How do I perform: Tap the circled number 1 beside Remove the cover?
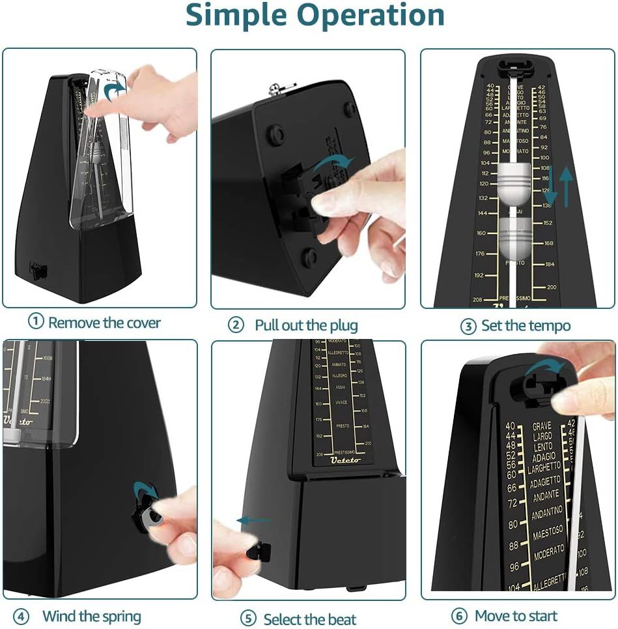pos(36,321)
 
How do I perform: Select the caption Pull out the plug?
pos(306,325)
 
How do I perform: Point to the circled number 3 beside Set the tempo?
pos(468,326)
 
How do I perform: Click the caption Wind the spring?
pos(91,616)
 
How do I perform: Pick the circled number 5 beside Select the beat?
pos(247,618)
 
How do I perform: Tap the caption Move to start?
pos(516,616)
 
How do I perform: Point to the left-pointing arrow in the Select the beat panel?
pos(253,520)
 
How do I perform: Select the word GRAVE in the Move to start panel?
pos(541,426)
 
